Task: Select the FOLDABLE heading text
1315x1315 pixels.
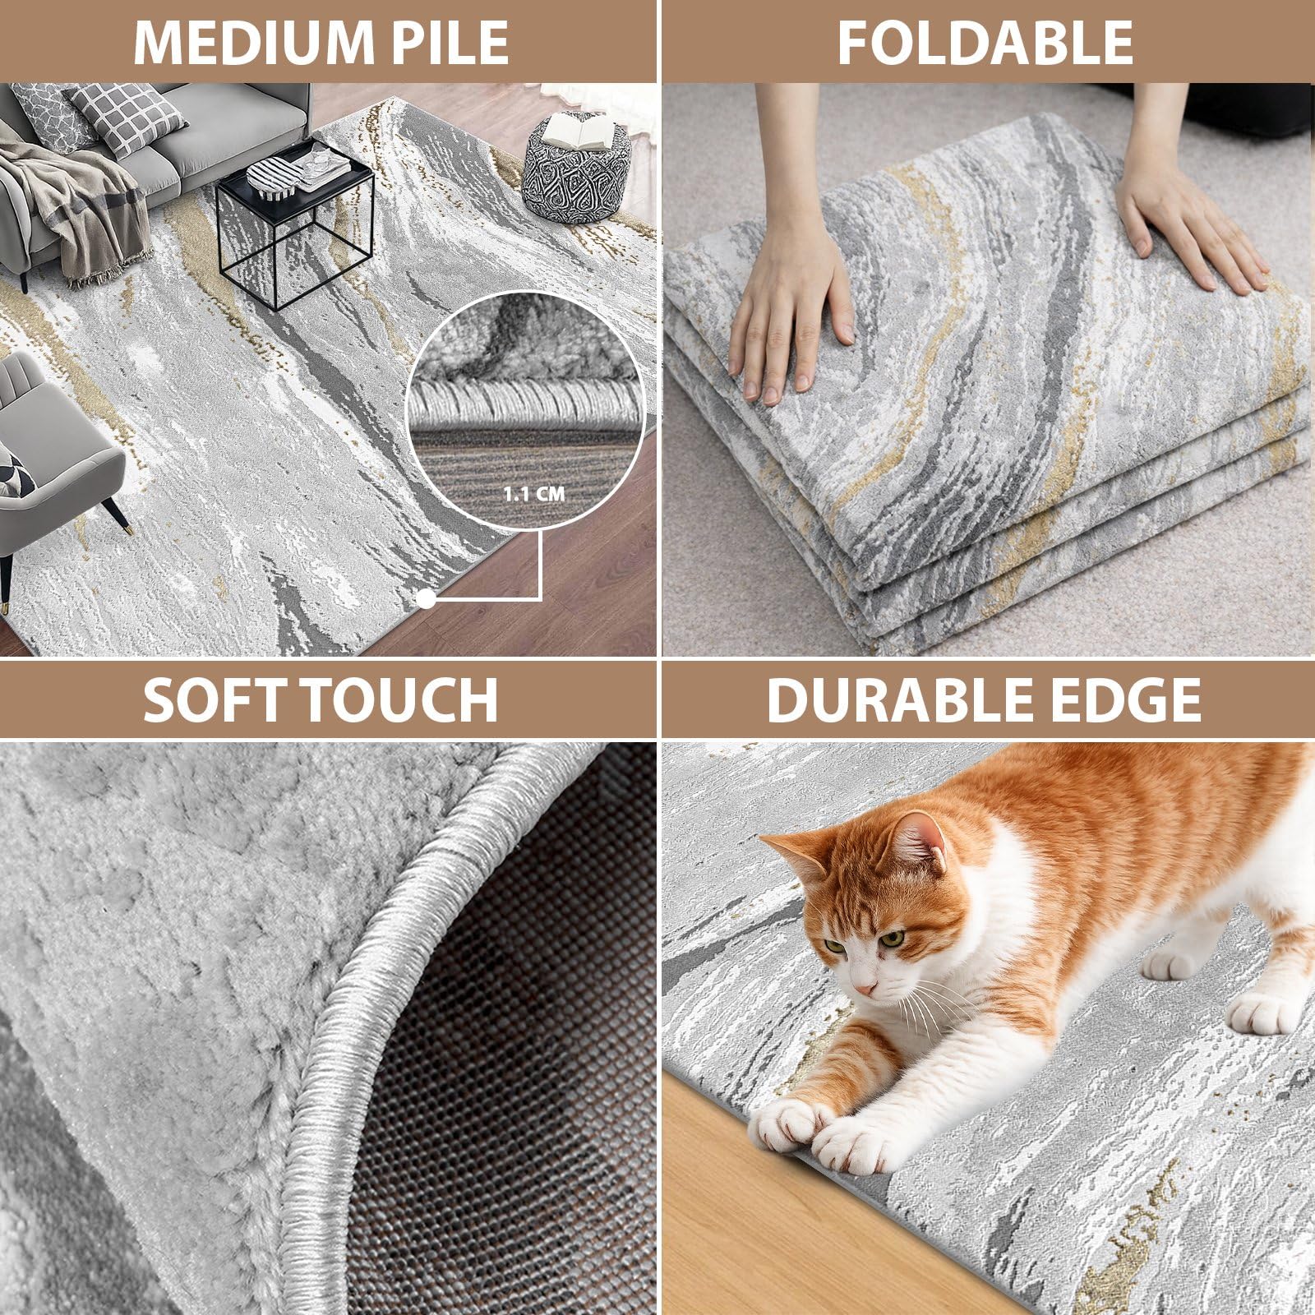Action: (985, 42)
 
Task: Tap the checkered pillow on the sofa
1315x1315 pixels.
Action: (128, 118)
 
